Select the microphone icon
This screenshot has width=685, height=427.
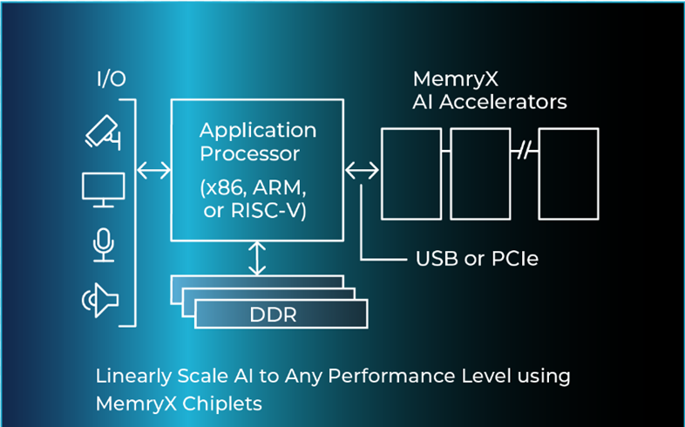coord(104,245)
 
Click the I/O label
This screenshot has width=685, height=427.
coord(111,79)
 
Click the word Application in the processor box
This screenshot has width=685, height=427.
coord(258,131)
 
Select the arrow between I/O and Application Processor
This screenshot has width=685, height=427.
coord(154,171)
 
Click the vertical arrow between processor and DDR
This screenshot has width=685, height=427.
coord(257,258)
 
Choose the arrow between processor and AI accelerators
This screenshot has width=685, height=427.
coord(362,170)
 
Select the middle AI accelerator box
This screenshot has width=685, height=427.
coord(479,173)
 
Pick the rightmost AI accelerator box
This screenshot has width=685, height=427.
coord(568,173)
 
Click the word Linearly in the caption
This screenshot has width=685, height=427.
coord(130,376)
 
